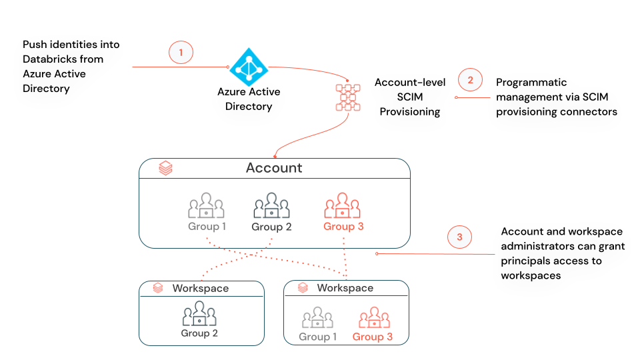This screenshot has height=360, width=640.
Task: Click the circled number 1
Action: [x=181, y=52]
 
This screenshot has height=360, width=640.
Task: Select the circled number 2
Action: [x=469, y=80]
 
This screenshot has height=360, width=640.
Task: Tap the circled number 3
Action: [x=459, y=236]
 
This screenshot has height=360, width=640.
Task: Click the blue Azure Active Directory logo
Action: [x=249, y=67]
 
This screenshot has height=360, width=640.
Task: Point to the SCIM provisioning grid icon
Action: [x=347, y=97]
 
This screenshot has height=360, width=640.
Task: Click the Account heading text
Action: [x=274, y=168]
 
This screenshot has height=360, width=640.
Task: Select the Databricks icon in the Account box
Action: [x=165, y=169]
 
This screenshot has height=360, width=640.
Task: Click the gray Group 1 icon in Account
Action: [x=206, y=206]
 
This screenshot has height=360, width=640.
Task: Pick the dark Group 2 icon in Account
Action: [x=271, y=206]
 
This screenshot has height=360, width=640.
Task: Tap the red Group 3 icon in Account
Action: [x=343, y=206]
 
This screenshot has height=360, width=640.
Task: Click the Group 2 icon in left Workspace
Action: [x=199, y=314]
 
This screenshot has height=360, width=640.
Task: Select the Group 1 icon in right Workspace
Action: [x=317, y=318]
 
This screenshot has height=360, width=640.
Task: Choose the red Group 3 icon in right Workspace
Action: [x=373, y=318]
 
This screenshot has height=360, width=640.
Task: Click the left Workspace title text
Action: [x=201, y=289]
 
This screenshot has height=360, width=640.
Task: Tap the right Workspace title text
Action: [x=345, y=288]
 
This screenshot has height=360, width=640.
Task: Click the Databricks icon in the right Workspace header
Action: [x=302, y=288]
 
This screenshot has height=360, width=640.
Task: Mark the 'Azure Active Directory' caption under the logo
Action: [x=249, y=99]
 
